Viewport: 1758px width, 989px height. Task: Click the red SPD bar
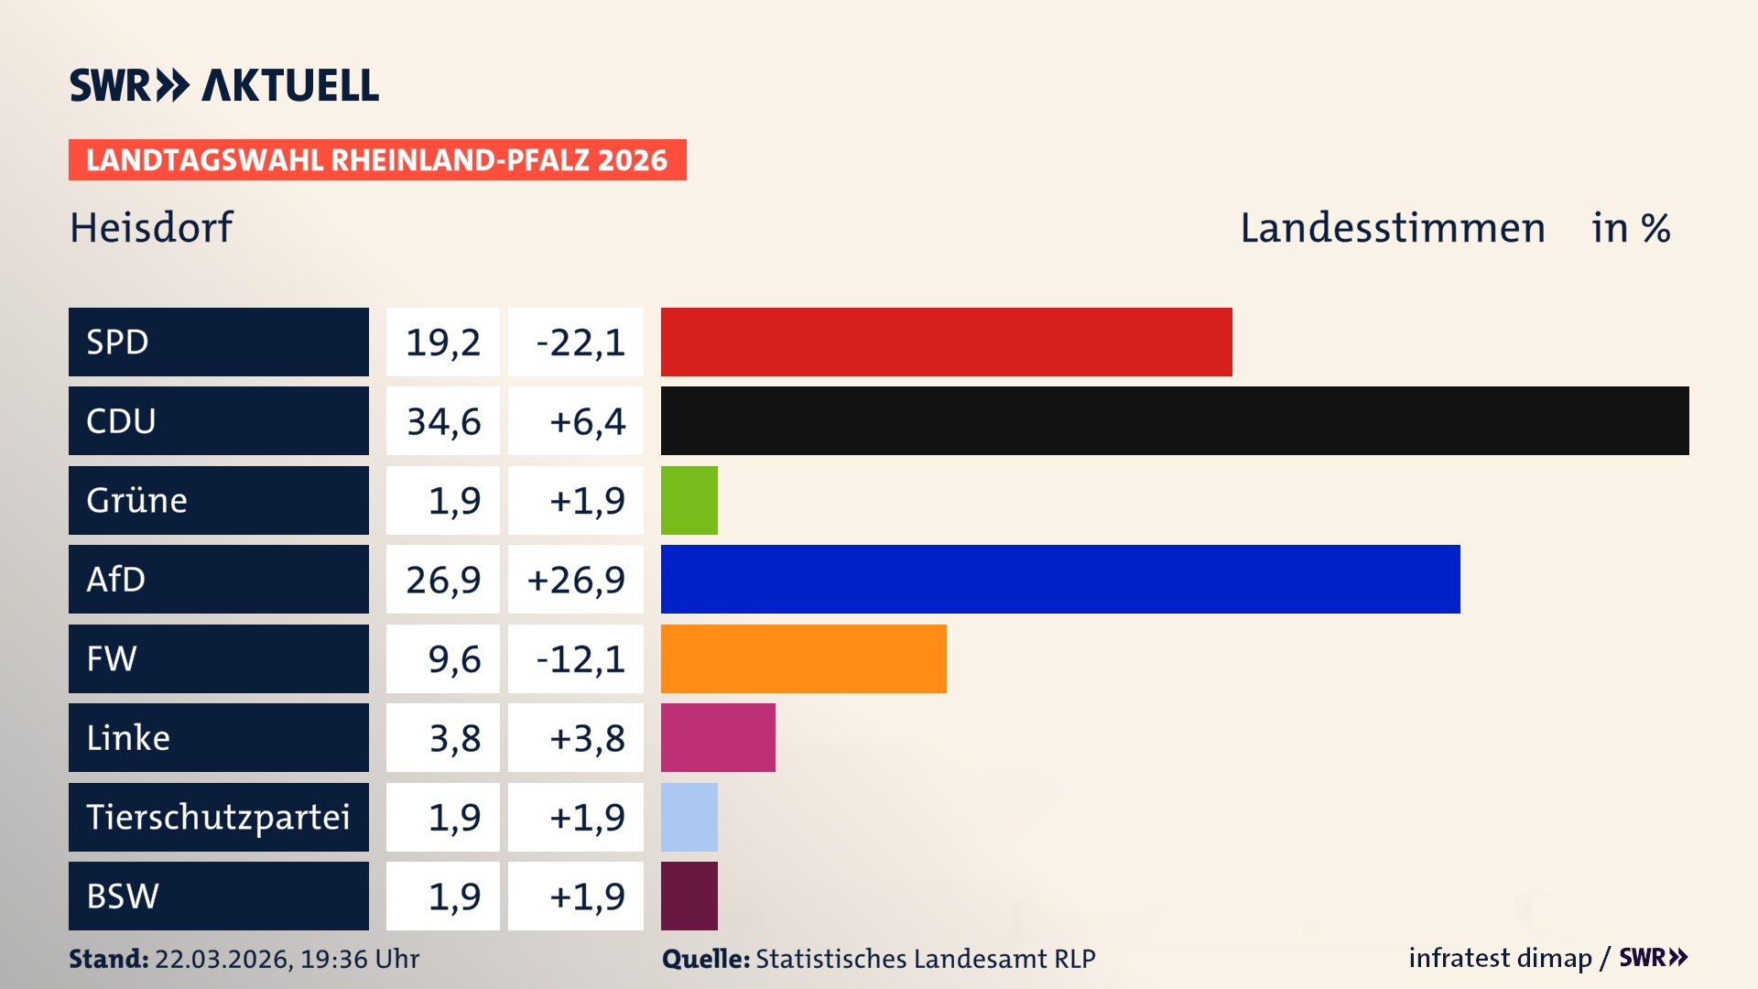[x=946, y=342]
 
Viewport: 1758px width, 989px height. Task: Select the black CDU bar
[x=1175, y=420]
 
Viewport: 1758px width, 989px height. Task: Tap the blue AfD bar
[x=1060, y=579]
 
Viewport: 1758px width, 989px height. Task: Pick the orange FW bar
[x=803, y=658]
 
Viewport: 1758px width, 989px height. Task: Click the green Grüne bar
[x=689, y=500]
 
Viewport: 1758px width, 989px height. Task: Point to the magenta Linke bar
[x=718, y=737]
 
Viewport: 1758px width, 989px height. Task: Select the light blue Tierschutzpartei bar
[x=689, y=817]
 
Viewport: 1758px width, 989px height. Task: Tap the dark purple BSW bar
[x=689, y=896]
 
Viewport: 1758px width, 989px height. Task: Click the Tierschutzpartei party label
[x=218, y=817]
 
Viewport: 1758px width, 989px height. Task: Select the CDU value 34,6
[x=443, y=421]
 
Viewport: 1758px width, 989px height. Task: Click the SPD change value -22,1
[x=580, y=342]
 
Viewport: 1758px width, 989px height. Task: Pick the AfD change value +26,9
[x=576, y=580]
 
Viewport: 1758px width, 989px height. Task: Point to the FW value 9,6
[x=453, y=659]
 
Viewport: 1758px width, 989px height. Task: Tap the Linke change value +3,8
[x=586, y=738]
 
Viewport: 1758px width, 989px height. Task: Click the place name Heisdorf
[x=151, y=227]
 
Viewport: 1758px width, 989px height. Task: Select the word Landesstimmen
[x=1392, y=227]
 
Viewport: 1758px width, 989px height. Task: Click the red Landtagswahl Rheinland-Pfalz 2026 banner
[x=377, y=159]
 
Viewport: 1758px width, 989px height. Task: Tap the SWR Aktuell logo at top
[x=224, y=85]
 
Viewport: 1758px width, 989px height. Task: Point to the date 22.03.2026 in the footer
[x=222, y=959]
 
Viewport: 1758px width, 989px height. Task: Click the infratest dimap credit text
[x=1499, y=958]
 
